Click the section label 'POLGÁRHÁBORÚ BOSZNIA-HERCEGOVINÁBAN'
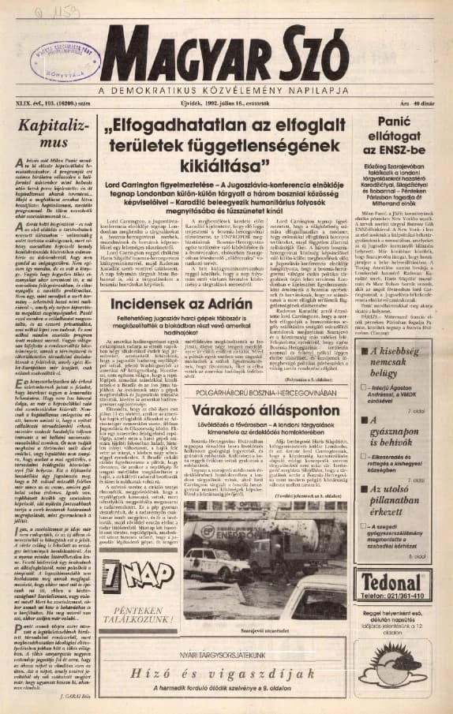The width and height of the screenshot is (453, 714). (260, 392)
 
